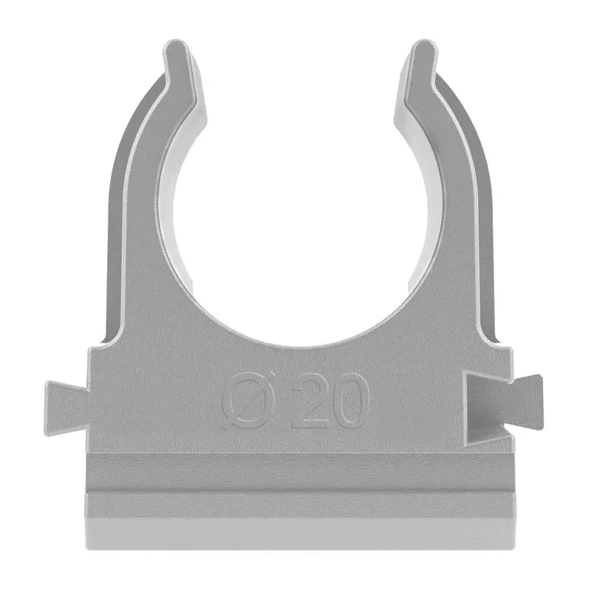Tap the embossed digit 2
point(311,401)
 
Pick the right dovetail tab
point(524,400)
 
